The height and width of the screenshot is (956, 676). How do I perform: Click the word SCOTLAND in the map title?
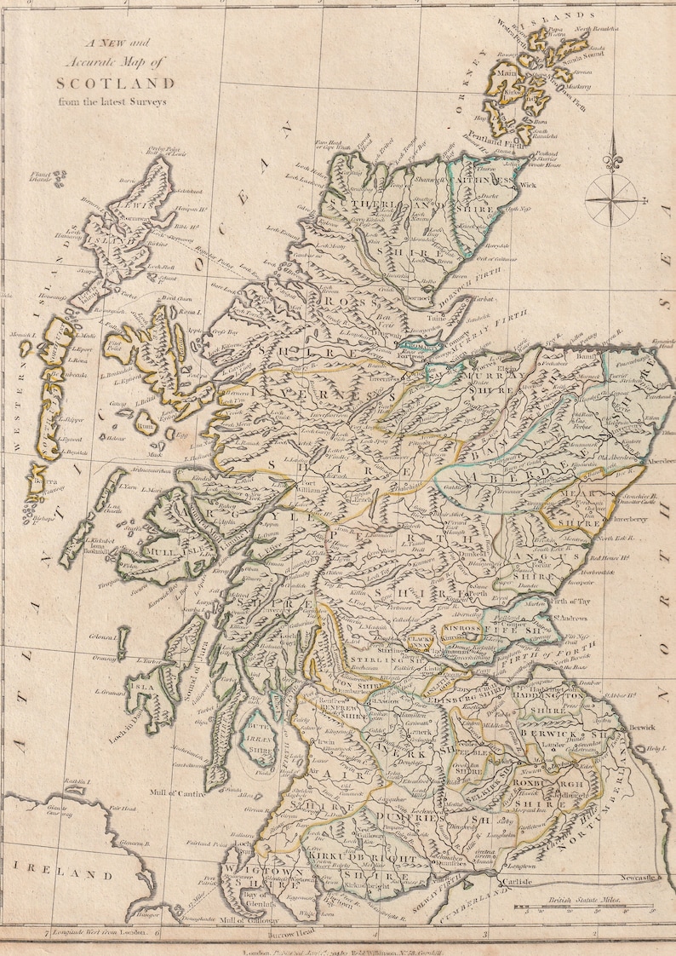pyautogui.click(x=115, y=84)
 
